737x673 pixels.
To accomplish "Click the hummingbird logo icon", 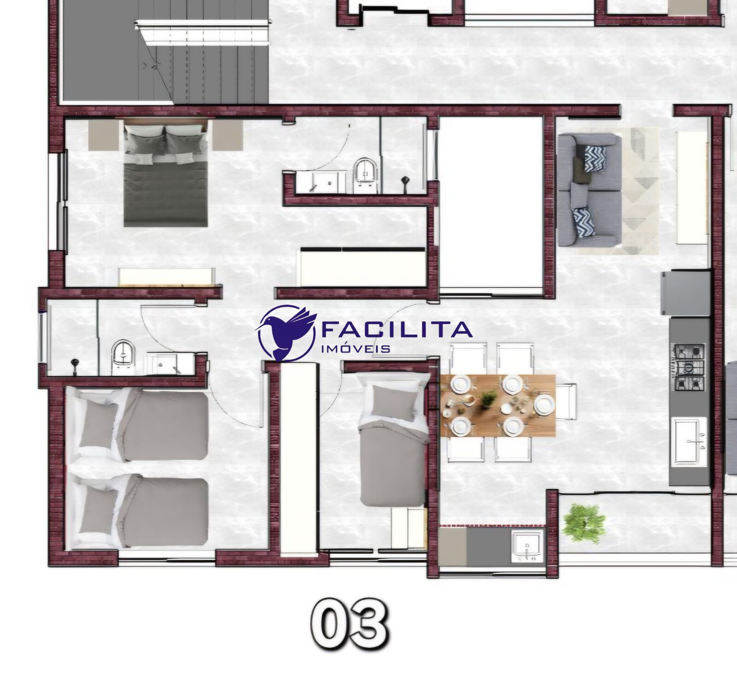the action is pos(287,332).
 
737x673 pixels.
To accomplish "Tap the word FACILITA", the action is pos(397,329).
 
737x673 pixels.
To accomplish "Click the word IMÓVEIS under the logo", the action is pos(355,349).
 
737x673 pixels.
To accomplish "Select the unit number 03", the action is pos(349,624).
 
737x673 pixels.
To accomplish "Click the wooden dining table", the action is pos(498,405).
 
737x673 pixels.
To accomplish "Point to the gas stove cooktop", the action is pos(690,367).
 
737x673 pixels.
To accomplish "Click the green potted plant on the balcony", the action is pos(584,522).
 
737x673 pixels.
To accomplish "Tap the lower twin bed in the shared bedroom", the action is pos(137,511).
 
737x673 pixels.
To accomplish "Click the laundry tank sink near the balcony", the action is pos(527,545).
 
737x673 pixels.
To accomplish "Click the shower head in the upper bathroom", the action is pos(405,183).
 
